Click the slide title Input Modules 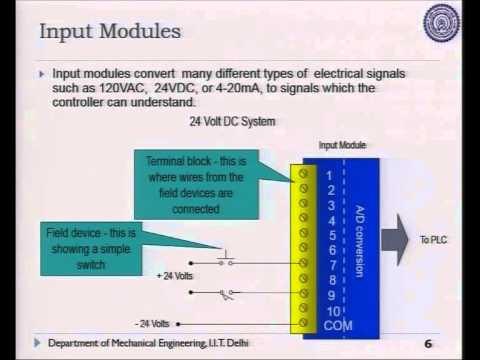(110, 32)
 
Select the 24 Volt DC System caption (232, 122)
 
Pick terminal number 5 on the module (329, 236)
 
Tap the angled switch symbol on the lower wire (229, 294)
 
